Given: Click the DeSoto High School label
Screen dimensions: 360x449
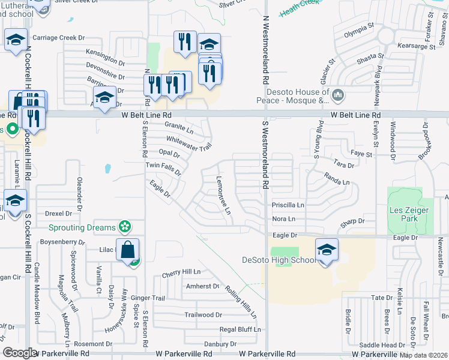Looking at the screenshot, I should point(279,260).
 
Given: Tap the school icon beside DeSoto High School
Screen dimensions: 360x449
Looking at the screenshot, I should point(327,250).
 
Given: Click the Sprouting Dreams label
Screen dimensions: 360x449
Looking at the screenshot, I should point(82,227).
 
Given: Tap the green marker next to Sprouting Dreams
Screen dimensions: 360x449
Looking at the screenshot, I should point(124,227).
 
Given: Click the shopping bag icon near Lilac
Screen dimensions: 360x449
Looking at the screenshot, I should point(128,250).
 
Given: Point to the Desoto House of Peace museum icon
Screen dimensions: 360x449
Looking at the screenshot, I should point(339,95).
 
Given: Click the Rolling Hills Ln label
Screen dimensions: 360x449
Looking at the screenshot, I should point(241,302).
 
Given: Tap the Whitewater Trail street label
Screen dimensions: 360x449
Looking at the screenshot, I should point(189,142).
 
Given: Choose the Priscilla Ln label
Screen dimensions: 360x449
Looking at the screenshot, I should point(288,205).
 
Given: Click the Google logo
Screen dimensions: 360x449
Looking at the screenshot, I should point(20,353).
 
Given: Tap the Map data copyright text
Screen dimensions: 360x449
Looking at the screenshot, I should point(423,355).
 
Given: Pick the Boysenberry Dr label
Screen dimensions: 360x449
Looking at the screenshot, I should point(62,242).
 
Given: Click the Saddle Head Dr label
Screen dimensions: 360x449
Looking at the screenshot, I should point(382,345).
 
